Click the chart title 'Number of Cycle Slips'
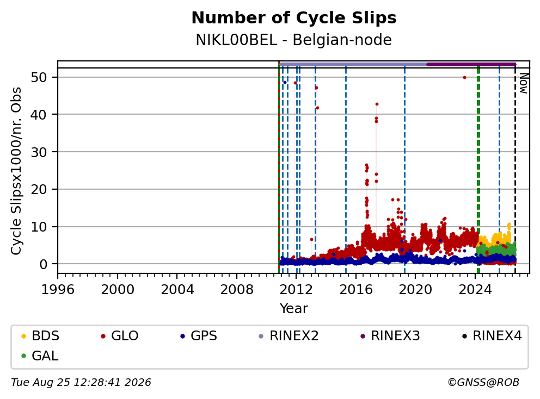click(x=294, y=18)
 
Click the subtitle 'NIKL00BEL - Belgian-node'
click(x=294, y=40)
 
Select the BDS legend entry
click(x=40, y=336)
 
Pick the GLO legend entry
click(x=120, y=336)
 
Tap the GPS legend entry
click(x=199, y=336)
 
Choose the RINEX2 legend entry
click(x=289, y=336)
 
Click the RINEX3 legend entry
click(x=390, y=336)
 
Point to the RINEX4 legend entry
click(x=492, y=336)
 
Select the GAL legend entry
click(x=40, y=356)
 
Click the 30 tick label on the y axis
click(x=39, y=152)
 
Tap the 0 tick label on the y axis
click(x=44, y=264)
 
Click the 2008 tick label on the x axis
click(x=237, y=290)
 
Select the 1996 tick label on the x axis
click(x=58, y=290)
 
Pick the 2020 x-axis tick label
click(x=415, y=290)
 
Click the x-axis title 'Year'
click(x=294, y=309)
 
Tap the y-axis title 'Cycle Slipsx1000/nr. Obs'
click(x=16, y=171)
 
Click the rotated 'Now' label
click(x=524, y=84)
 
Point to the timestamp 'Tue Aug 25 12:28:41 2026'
click(x=81, y=383)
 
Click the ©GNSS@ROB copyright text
click(x=483, y=383)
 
